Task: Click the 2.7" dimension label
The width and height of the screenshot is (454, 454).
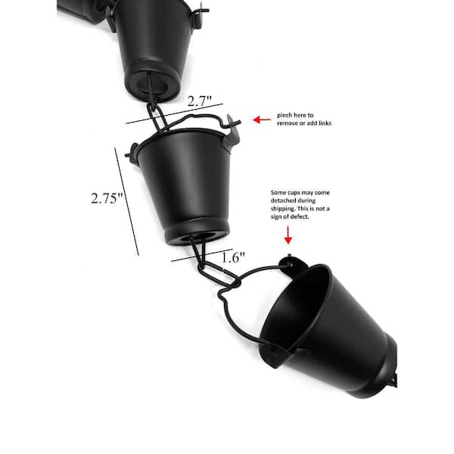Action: (200, 101)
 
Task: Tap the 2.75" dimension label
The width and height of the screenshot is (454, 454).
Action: (107, 198)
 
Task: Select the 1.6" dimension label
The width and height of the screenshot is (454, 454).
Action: (233, 257)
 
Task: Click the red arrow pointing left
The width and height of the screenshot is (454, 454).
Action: (262, 120)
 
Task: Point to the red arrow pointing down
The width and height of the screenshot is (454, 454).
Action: (288, 235)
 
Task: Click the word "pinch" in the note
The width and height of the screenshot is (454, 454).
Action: (285, 115)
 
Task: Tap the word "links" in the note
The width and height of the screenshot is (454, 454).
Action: (325, 123)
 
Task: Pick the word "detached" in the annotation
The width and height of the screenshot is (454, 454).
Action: (282, 201)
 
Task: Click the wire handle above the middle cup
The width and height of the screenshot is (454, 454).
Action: (200, 118)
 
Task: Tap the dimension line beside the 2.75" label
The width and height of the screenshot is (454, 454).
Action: (127, 201)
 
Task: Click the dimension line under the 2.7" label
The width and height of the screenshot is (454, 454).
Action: (175, 113)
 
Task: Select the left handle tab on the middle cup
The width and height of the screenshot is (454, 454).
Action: (132, 152)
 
